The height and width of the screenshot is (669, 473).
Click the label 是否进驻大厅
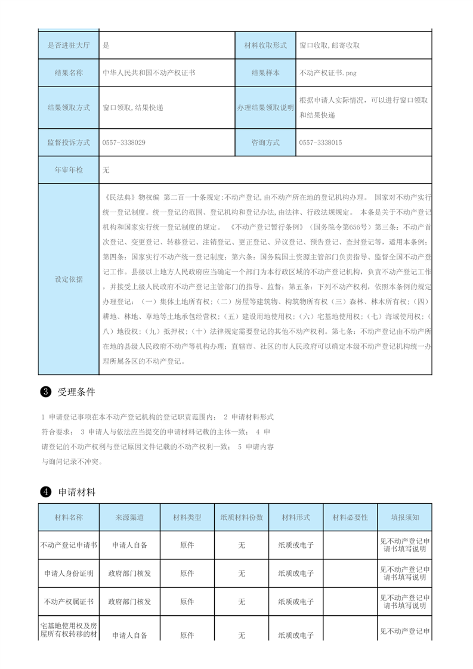[x=68, y=45]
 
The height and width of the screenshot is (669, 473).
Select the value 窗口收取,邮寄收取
[x=330, y=45]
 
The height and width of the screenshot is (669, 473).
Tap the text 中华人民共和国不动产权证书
[x=149, y=73]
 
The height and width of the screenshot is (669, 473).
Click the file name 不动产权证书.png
[x=328, y=73]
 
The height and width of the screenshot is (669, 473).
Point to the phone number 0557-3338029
[x=124, y=143]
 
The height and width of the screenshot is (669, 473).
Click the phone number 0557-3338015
[x=320, y=143]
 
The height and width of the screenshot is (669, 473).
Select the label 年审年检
[x=68, y=170]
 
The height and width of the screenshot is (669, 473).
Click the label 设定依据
[x=68, y=279]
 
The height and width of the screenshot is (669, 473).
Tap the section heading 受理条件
[x=76, y=392]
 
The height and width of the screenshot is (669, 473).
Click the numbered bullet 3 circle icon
[x=45, y=392]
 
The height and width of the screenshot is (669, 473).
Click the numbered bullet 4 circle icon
[x=45, y=493]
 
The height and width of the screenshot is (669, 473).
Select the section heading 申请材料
[x=76, y=493]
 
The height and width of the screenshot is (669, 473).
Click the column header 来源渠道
[x=129, y=518]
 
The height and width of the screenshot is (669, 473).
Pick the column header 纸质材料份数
[x=242, y=518]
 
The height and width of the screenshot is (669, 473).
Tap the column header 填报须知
[x=404, y=518]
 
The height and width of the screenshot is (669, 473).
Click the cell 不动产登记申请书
[x=69, y=545]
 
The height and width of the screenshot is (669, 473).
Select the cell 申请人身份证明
[x=69, y=573]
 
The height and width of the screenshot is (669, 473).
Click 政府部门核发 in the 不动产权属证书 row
[x=129, y=602]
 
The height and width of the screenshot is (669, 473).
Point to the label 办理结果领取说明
[x=265, y=108]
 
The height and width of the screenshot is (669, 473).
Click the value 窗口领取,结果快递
[x=133, y=108]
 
